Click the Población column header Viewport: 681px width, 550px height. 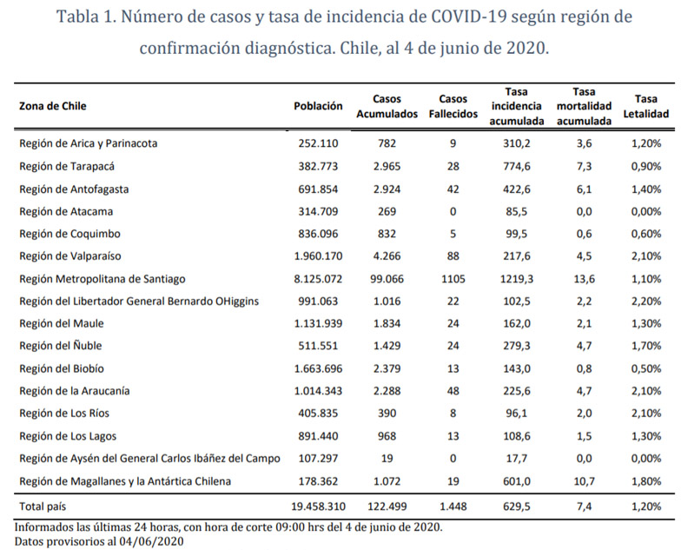point(319,106)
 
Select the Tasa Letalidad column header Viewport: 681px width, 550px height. point(645,106)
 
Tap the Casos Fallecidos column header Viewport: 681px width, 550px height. point(453,106)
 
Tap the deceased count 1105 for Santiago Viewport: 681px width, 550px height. point(453,278)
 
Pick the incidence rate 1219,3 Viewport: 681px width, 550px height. point(518,278)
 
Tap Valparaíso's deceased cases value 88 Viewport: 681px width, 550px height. point(453,255)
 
